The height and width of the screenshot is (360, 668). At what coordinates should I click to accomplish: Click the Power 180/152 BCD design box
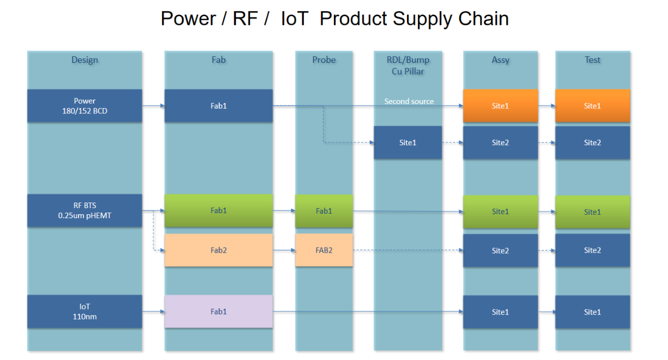[85, 106]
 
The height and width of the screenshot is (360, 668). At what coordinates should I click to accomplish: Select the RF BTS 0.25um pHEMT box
[85, 210]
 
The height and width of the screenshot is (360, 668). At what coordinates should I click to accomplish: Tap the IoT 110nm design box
[85, 312]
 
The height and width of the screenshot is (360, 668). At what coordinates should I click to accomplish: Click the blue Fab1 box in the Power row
[218, 106]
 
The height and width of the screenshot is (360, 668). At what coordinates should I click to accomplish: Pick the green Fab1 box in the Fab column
[218, 211]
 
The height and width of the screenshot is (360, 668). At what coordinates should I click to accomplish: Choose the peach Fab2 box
[218, 250]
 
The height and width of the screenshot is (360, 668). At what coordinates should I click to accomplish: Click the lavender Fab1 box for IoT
[218, 312]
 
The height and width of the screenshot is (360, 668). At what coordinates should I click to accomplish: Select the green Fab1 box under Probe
[324, 211]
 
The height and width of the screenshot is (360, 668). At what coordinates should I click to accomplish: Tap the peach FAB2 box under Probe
[324, 250]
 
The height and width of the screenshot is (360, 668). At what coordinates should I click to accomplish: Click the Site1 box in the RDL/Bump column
[407, 143]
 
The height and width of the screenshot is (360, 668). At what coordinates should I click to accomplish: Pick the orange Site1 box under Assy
[500, 106]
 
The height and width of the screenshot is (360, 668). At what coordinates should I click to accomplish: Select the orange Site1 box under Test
[592, 106]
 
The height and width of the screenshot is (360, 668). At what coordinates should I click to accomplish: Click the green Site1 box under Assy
[500, 211]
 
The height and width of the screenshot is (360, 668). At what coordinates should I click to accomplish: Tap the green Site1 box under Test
[592, 212]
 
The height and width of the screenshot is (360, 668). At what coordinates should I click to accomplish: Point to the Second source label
[409, 102]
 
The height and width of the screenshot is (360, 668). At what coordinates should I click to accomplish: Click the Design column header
[85, 60]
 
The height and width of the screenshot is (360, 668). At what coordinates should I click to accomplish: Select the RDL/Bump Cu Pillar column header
[408, 65]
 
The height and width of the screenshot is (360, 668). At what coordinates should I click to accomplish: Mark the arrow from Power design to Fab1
[153, 105]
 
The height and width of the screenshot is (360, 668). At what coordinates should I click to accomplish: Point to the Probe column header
[324, 60]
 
